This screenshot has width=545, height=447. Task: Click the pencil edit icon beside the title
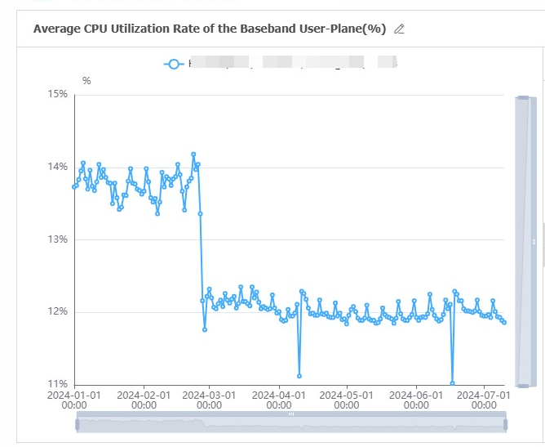[x=399, y=29]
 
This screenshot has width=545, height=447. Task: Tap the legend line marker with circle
[x=172, y=63]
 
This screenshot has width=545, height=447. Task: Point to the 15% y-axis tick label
[x=57, y=94]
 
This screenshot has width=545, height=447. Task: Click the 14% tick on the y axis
[x=57, y=167]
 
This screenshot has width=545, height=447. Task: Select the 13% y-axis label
[x=57, y=239]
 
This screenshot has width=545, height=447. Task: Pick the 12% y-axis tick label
[x=57, y=311]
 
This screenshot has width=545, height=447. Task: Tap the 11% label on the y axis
[x=57, y=384]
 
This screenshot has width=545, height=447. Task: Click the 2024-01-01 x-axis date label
[x=74, y=399]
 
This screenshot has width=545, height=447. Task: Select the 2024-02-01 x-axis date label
[x=144, y=399]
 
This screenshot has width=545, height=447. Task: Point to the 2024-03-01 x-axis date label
[x=209, y=399]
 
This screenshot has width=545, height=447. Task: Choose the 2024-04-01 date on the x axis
[x=278, y=399]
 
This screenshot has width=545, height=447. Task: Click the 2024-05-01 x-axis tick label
[x=346, y=399]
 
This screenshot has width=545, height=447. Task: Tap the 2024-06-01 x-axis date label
[x=415, y=399]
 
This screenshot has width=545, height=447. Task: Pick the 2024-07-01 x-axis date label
[x=482, y=399]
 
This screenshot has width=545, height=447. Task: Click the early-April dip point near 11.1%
[x=299, y=376]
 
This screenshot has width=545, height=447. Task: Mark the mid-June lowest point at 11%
[x=452, y=383]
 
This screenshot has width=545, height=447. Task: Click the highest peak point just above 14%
[x=193, y=154]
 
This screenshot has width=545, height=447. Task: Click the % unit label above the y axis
[x=86, y=80]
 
